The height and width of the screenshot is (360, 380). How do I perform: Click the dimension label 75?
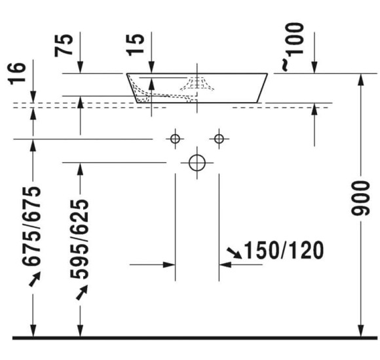point(64,46)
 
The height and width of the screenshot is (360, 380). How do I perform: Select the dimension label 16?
point(17,73)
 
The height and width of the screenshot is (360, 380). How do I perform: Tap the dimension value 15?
point(135,45)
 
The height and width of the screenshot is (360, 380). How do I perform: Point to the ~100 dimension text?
point(292,46)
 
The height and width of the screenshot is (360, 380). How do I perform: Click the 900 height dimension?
point(360,198)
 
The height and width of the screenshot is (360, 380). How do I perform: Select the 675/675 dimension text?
point(31,226)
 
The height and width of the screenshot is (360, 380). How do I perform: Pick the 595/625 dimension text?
point(79,239)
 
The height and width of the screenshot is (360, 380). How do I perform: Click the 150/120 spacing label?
point(284,250)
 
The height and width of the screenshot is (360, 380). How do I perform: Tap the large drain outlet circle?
point(197,163)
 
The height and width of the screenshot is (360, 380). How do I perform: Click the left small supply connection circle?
point(175,139)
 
